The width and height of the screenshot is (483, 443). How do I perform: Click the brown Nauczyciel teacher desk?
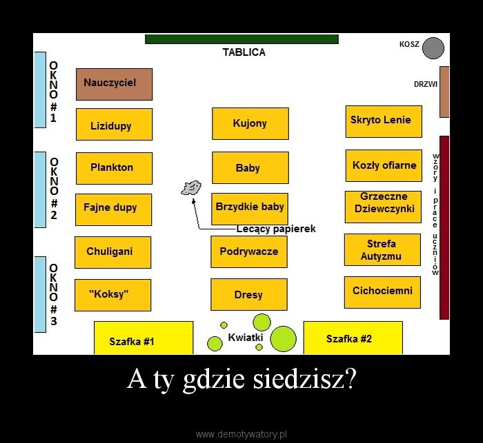click(x=114, y=84)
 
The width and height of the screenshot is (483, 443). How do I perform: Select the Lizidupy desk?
click(x=114, y=125)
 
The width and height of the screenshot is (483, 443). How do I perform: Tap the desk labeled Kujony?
click(x=250, y=123)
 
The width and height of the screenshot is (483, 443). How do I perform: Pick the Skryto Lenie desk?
click(x=383, y=121)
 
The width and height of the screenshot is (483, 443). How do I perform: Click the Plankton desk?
click(x=114, y=168)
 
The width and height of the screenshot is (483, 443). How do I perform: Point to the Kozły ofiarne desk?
click(x=384, y=165)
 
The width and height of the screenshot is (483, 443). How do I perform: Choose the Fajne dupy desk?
click(x=114, y=209)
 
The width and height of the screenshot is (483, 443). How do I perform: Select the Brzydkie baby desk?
click(x=249, y=208)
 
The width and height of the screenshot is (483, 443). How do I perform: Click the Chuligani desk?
click(x=112, y=252)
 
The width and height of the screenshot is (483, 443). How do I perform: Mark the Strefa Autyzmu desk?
click(x=382, y=249)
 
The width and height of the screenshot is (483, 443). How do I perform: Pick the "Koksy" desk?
click(x=112, y=295)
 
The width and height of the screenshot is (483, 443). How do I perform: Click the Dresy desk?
click(x=248, y=294)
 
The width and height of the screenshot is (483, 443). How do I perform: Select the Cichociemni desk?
click(x=382, y=291)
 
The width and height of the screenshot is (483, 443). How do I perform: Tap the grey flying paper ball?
click(x=191, y=187)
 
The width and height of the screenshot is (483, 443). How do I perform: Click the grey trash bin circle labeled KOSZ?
click(x=433, y=48)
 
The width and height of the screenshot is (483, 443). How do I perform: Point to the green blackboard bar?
click(x=241, y=39)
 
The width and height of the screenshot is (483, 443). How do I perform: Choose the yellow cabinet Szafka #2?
click(x=353, y=338)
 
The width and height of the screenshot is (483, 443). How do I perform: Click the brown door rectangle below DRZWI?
click(x=444, y=92)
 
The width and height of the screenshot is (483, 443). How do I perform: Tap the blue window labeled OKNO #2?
click(x=40, y=189)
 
